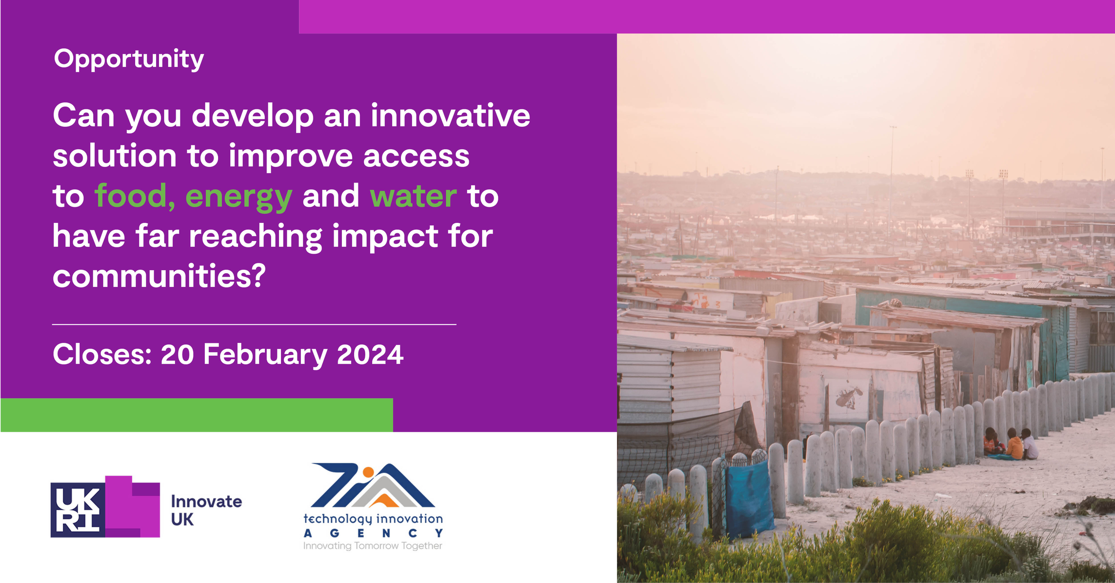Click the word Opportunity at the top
(129, 60)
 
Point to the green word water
(414, 196)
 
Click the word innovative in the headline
(450, 116)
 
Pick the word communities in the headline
(159, 276)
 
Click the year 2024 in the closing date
(370, 354)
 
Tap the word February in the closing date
(265, 355)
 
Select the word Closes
(102, 354)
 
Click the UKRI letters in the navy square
(78, 510)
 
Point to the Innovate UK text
(206, 510)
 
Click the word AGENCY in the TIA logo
(374, 533)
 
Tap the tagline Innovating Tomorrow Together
(373, 546)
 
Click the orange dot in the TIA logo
(368, 472)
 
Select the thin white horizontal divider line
(254, 324)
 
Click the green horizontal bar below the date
(197, 415)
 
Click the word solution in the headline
(115, 156)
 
